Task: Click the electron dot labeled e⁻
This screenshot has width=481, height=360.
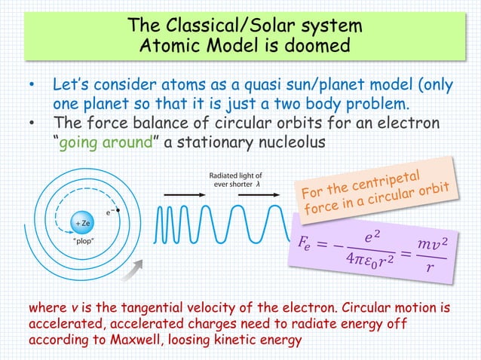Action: [x=118, y=211]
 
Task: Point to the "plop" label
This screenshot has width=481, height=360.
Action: [x=82, y=243]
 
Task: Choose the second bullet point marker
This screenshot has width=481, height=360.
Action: [x=31, y=124]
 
